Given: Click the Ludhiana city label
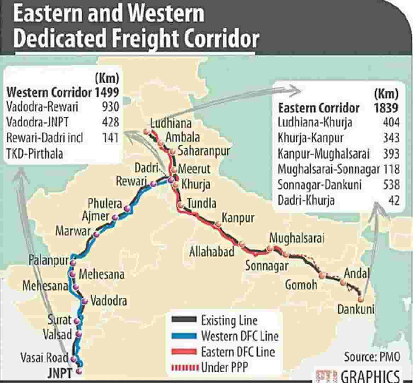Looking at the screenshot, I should [171, 123].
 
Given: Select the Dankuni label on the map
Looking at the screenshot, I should [355, 309].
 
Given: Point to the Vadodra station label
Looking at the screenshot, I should [109, 301].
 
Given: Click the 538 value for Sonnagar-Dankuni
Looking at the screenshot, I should [391, 184].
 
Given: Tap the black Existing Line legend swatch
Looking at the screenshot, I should [184, 320].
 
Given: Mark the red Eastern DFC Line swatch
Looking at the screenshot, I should [184, 351].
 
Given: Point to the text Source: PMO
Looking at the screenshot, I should [372, 356].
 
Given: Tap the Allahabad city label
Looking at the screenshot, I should [212, 252].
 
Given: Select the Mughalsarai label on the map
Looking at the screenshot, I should [297, 238].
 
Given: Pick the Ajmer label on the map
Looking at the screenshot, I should [96, 216].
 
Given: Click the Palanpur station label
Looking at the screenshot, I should [48, 260].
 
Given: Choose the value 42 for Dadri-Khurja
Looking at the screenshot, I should [394, 200].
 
